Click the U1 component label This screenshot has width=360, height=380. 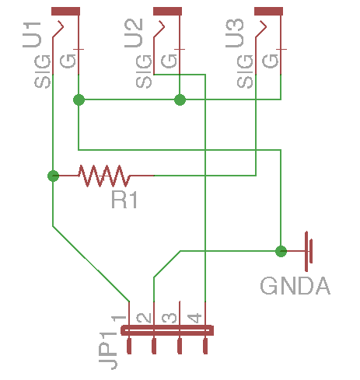pos(32,35)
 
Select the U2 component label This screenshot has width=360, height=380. pos(134,33)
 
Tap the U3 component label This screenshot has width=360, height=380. pos(235,33)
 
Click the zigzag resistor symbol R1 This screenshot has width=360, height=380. pos(103,176)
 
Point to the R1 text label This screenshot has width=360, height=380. pos(124,200)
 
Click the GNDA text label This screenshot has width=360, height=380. pos(295,286)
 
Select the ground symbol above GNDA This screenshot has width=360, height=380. pos(303,251)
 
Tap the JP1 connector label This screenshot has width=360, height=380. pos(108,350)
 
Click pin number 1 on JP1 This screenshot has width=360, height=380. pos(118,318)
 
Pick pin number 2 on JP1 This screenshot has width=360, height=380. pos(144,318)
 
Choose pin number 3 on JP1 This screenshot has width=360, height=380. pos(170,318)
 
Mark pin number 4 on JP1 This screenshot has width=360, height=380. pos(194,318)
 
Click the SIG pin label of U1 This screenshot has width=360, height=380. pos(42,71)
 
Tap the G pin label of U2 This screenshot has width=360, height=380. pos(169,61)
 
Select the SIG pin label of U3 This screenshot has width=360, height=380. pos(245,71)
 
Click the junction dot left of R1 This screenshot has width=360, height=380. pos(54,176)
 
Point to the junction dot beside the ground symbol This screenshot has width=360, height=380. pos(281,251)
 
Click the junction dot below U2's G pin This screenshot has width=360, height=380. pos(180,99)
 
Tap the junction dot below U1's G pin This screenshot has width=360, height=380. pos(79,99)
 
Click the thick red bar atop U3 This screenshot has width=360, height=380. pos(268,12)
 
